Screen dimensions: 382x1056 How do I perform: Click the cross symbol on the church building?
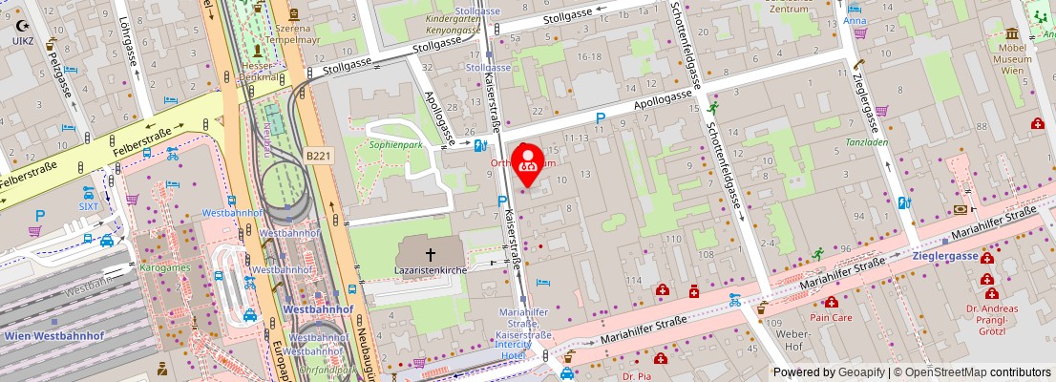pyautogui.click(x=430, y=254)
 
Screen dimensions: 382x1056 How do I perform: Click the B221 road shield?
pyautogui.click(x=318, y=155)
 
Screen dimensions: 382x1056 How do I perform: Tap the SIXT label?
pyautogui.click(x=89, y=205)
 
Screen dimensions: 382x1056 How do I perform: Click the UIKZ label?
pyautogui.click(x=22, y=41)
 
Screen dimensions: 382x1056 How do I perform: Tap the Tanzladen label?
pyautogui.click(x=866, y=142)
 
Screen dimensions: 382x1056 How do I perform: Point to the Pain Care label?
pyautogui.click(x=830, y=316)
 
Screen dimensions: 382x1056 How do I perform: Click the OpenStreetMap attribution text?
pyautogui.click(x=965, y=372)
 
